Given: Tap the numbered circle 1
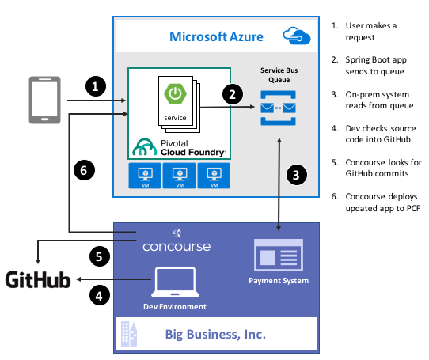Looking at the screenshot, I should (96, 86).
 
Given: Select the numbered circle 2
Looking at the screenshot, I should (232, 94).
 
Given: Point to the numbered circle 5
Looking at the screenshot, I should (99, 256).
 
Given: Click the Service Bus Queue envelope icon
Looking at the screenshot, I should (278, 107).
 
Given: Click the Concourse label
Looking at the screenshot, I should (177, 246).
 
